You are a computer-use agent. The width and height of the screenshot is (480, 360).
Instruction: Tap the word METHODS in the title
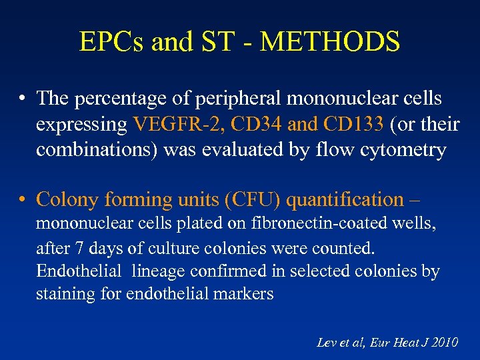[330, 41]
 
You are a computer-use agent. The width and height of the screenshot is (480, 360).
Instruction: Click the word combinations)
[96, 150]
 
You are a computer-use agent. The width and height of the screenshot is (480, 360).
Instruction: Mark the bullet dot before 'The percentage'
[23, 99]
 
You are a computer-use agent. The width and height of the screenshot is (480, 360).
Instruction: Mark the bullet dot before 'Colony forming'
[23, 200]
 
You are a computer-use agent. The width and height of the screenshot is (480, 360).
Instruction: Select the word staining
[66, 295]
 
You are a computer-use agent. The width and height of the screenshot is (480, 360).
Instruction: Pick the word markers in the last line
[246, 295]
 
